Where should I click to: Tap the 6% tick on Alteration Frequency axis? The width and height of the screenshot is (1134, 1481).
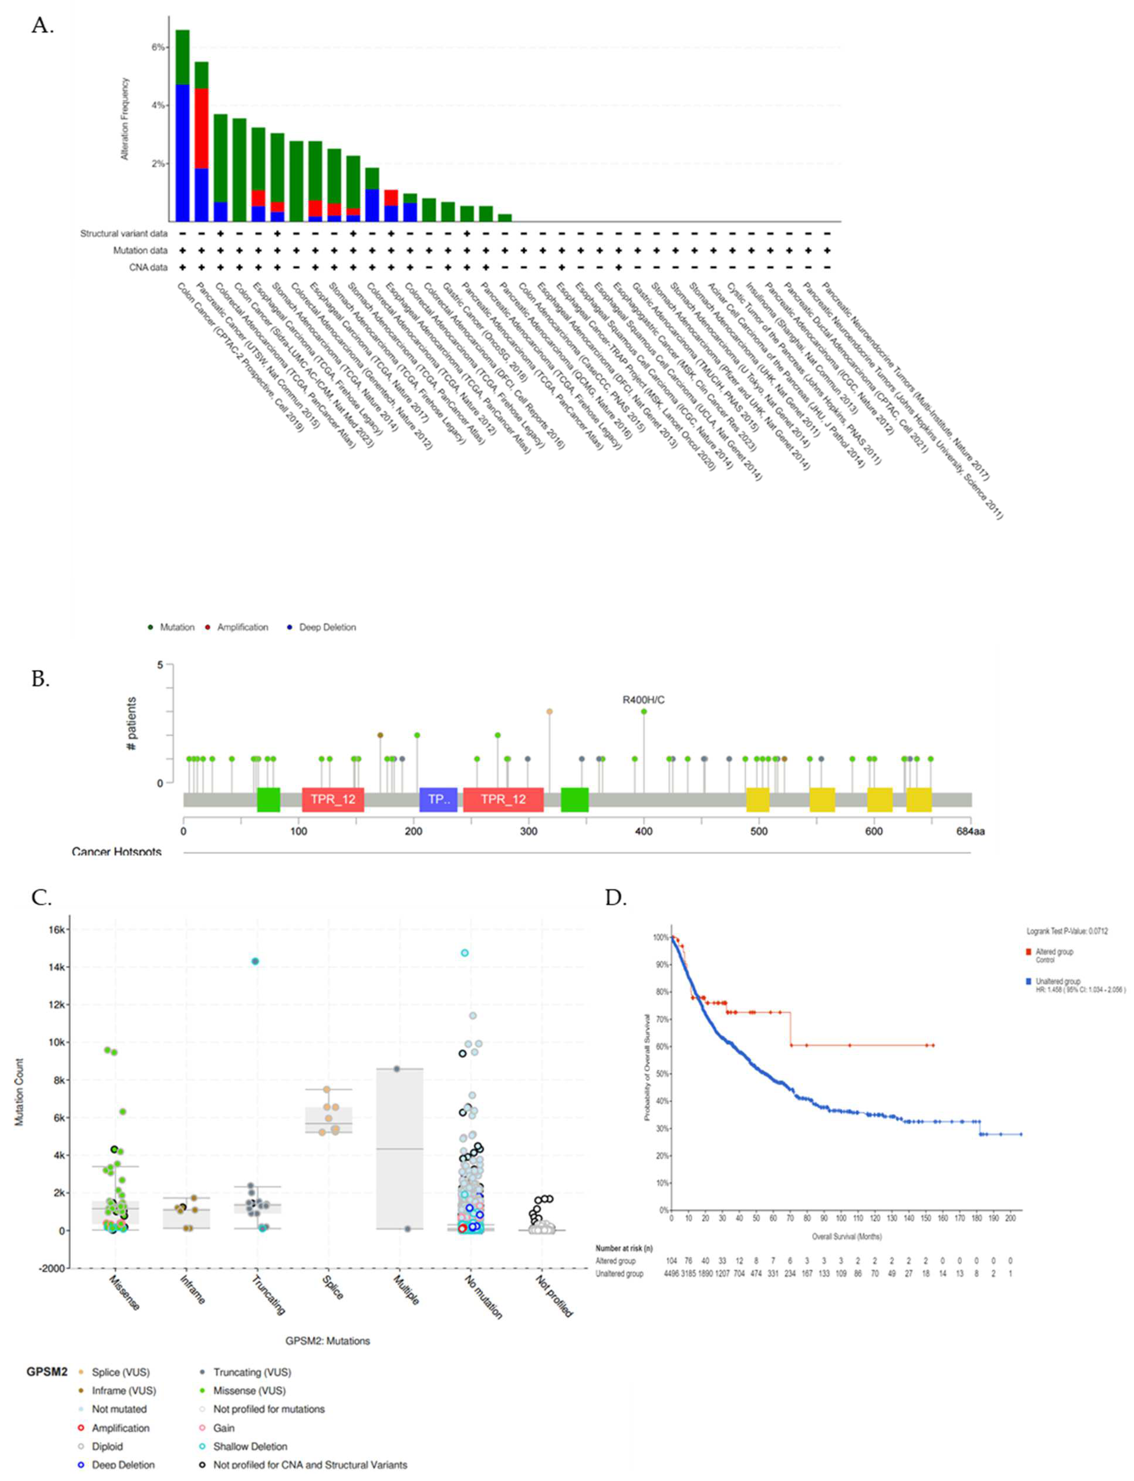point(158,47)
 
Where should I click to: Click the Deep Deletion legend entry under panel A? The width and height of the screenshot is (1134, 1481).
point(327,627)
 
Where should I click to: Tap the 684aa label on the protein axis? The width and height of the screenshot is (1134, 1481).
point(970,831)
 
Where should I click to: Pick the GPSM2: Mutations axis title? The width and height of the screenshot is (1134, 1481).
point(328,1341)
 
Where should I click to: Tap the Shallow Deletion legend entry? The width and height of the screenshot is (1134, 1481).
point(250,1447)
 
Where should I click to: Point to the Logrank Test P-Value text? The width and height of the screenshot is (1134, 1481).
point(1066,931)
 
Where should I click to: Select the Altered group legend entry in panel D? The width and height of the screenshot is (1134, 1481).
point(1054,952)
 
